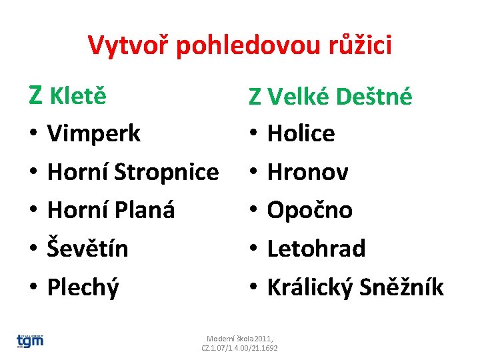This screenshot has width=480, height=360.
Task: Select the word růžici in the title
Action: coord(361,45)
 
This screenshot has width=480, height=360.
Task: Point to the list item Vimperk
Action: coord(94,134)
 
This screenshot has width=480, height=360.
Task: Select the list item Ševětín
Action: coord(88,249)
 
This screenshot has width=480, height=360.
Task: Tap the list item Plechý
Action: coord(83,287)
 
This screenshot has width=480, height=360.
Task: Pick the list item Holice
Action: coord(301,134)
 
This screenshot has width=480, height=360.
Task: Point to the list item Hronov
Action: coord(307,173)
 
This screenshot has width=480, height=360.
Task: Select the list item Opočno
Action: coord(309,211)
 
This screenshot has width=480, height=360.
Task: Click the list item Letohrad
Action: coord(316,249)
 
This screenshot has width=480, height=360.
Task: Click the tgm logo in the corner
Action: coord(30,341)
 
